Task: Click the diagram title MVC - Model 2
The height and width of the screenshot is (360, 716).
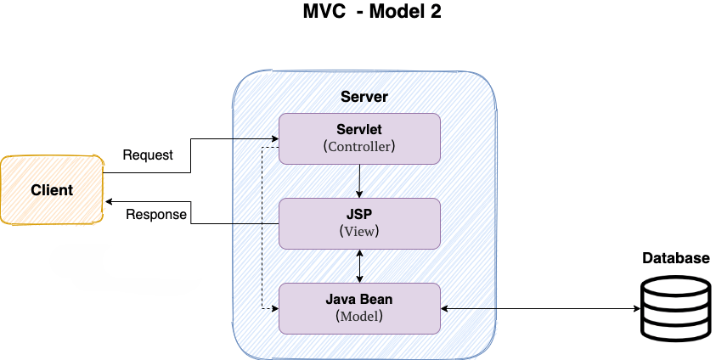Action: (372, 13)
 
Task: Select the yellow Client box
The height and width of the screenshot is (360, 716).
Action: (52, 190)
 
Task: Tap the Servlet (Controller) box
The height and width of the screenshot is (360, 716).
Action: (360, 138)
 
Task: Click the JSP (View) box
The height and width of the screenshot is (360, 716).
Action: (360, 223)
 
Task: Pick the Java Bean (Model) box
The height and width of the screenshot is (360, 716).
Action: (360, 308)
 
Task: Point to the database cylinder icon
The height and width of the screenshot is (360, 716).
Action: (674, 309)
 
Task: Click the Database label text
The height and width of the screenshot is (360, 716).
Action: (675, 259)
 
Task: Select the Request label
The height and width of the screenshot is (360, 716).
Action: (148, 155)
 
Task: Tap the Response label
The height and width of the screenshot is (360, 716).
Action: (156, 215)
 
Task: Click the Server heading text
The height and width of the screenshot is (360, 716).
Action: (364, 96)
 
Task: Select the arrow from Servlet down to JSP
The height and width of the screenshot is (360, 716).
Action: (360, 181)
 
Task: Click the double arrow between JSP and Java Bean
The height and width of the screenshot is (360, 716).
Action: (360, 266)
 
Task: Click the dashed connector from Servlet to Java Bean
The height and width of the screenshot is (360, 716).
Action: (262, 229)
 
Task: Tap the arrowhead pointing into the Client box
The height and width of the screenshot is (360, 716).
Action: (108, 202)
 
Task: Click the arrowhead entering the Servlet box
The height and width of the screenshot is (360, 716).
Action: (274, 138)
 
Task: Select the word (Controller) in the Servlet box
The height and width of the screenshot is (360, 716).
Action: (360, 146)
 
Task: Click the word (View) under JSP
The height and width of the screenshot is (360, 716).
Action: (360, 231)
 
